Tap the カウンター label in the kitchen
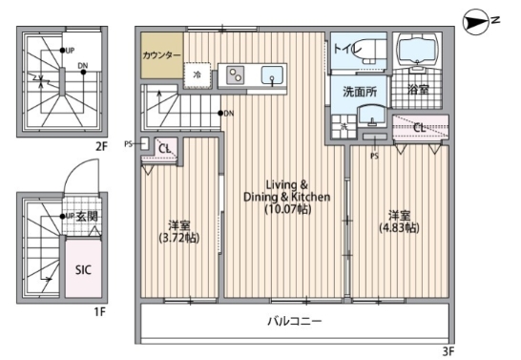(x=162, y=55)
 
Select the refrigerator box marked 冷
(x=198, y=74)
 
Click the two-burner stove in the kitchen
(x=235, y=75)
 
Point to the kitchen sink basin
(x=272, y=75)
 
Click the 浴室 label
(x=417, y=92)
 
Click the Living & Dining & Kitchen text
(x=285, y=190)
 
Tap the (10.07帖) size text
(x=285, y=210)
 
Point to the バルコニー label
(x=293, y=322)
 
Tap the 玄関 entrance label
(x=88, y=217)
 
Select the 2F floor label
(x=100, y=146)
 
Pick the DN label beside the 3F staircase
(x=229, y=114)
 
